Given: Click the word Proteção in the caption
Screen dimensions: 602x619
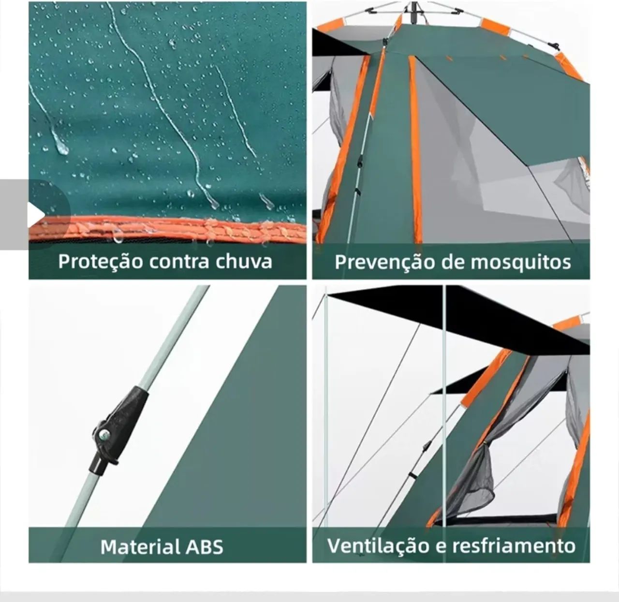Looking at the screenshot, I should click(101, 262).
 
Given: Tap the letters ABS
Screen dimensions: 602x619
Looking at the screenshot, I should click(205, 547).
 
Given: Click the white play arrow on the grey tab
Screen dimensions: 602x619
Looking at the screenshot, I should click(35, 214).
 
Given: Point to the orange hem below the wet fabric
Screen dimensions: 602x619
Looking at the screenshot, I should click(169, 230).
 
